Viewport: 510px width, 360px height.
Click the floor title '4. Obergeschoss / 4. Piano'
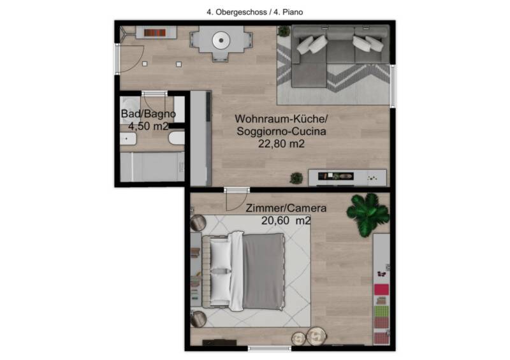pos(254,12)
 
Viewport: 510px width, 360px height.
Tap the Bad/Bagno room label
pos(149,114)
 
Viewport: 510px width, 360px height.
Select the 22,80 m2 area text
pos(281,144)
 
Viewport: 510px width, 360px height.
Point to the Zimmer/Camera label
pos(286,208)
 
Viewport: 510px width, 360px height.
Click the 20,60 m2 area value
pos(286,220)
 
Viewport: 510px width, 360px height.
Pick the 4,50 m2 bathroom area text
pos(149,126)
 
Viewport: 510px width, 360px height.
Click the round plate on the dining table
pos(221,41)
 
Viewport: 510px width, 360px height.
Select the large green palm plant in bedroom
pos(368,213)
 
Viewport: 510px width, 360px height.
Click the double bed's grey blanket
pos(263,271)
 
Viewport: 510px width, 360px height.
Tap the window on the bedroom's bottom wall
pos(269,349)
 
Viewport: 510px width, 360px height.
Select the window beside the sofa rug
pos(393,86)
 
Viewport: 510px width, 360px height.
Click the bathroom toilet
pos(177,138)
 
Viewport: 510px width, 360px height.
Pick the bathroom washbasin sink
pos(128,139)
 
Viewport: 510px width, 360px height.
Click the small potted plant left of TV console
pos(296,178)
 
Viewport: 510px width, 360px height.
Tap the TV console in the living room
pos(347,178)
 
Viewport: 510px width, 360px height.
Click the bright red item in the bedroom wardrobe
pos(381,289)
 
